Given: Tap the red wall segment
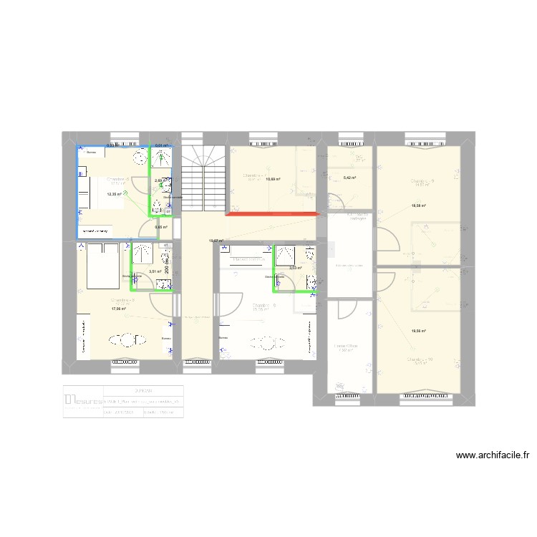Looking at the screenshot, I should (x=273, y=213).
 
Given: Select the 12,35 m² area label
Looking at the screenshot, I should (x=115, y=194).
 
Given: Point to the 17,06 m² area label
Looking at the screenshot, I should (x=119, y=309).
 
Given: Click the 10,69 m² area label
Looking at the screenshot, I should (x=273, y=179).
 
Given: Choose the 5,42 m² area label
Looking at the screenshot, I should (x=350, y=178).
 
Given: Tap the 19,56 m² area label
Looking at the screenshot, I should (x=418, y=331).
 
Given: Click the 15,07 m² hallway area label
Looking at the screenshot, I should (x=216, y=241).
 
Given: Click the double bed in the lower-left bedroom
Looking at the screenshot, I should (x=102, y=266).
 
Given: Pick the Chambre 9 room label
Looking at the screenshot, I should (x=422, y=181).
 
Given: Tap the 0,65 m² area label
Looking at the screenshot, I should (x=161, y=228).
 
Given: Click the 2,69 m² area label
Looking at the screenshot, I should (x=160, y=180).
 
